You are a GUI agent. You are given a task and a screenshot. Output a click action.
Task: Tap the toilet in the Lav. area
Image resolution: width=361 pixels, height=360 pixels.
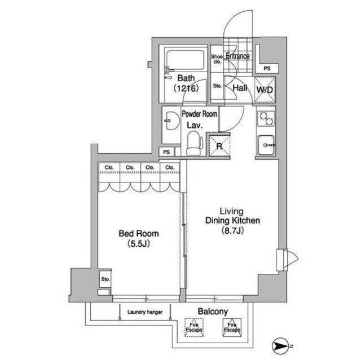coord(195,144)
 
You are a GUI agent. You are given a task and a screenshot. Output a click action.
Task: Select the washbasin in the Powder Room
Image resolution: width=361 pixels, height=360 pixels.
coord(171,121)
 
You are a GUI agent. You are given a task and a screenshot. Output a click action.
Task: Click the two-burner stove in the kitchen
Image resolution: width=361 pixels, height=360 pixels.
coord(266,118)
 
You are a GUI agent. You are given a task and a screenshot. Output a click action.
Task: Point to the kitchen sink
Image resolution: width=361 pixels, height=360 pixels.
coord(266,145)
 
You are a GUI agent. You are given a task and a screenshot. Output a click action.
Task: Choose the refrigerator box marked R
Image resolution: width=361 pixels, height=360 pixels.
coord(219,146)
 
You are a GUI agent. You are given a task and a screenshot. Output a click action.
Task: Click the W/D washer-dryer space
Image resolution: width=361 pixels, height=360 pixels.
coord(265,90)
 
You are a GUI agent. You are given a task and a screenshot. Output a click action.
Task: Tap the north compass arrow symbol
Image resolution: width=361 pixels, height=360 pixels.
coord(280,346)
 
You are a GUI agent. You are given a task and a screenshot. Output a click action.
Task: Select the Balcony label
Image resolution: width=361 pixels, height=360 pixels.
coord(213,312)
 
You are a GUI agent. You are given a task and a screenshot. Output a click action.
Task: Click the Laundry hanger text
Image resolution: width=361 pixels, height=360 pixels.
coord(145,312)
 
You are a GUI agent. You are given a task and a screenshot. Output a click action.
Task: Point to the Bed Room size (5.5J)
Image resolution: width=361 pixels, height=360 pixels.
coord(139,244)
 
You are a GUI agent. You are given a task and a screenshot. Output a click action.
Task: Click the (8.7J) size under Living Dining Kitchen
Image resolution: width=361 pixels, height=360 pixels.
coord(232,230)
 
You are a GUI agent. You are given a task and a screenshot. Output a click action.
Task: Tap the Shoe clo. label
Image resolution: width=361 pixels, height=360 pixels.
coord(217,59)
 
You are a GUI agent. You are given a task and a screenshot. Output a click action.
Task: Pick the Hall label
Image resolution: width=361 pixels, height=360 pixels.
coord(240,88)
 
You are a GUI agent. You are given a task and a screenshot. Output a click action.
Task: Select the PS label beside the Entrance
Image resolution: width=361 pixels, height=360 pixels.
coord(267,68)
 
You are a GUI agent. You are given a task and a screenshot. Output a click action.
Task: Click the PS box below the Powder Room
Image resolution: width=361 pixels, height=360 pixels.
coord(166,152)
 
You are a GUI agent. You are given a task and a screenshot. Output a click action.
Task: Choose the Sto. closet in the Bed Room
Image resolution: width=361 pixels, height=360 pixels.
coord(105,279)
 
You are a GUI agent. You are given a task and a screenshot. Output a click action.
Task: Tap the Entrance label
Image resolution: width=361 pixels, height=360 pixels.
coord(237,56)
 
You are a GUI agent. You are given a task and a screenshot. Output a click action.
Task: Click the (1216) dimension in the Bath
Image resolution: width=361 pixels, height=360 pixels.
coord(186,88)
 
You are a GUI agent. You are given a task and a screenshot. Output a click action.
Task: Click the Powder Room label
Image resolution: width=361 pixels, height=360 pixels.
coord(199,114)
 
